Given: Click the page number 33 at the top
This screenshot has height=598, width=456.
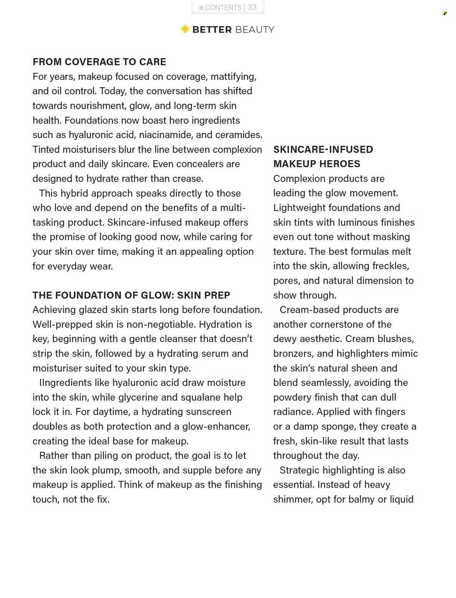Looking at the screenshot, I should click(x=252, y=7).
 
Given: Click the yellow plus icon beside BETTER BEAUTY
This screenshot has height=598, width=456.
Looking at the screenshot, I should click(x=185, y=29).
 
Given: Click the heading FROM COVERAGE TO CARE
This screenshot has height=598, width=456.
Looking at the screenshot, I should click(x=99, y=62).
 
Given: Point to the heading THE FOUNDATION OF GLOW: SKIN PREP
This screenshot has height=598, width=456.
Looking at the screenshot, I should click(x=131, y=295).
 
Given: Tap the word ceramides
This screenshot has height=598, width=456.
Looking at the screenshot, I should click(x=238, y=135).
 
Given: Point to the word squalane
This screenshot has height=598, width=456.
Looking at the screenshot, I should click(x=200, y=397).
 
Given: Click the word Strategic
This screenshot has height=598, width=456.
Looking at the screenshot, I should click(x=299, y=470).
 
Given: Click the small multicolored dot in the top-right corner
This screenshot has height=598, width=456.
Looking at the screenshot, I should click(x=445, y=13).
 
